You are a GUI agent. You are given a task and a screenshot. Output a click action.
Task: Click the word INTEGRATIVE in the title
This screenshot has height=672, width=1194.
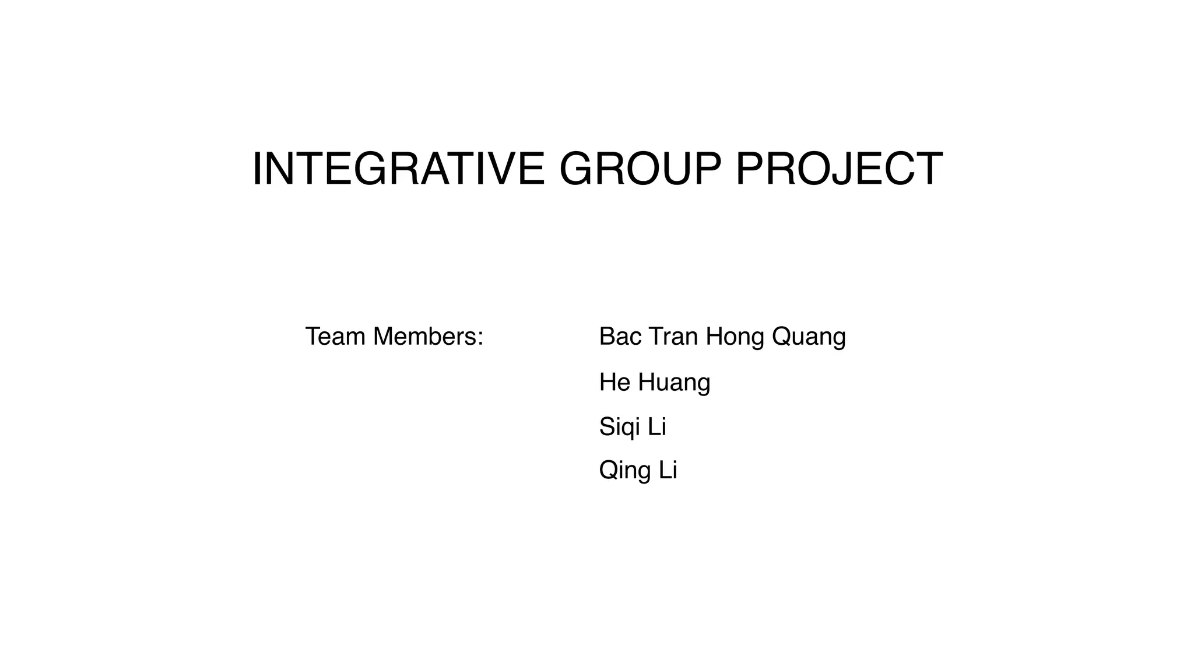pos(398,169)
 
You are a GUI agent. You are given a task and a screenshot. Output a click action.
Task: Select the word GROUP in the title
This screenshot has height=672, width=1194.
pos(640,169)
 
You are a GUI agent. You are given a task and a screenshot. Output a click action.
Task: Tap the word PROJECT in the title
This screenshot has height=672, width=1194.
pos(839,169)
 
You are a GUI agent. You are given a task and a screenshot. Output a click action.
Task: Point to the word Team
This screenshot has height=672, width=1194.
pos(335,337)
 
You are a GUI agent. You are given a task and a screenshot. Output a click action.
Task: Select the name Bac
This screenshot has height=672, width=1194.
pos(619,337)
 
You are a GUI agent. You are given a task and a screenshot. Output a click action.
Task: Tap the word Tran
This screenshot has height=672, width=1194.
pos(673,337)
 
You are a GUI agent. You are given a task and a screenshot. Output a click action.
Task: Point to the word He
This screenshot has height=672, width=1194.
pos(614,383)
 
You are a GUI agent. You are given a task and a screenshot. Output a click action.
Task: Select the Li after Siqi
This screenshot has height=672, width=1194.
pos(656,427)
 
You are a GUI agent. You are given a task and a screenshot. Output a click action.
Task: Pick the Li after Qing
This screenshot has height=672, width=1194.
pos(668,470)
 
